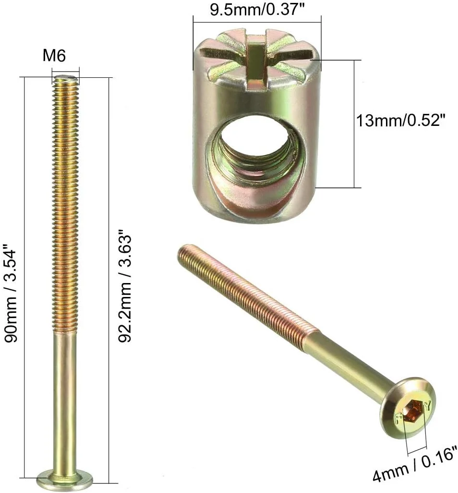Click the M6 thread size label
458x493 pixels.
[54, 56]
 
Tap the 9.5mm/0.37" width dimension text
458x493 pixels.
[257, 10]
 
